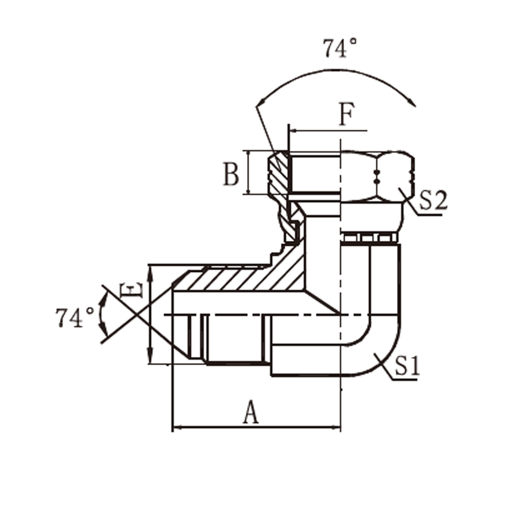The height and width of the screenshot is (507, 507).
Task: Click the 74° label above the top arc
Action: [340, 48]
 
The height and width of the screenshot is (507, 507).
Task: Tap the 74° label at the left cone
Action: [75, 317]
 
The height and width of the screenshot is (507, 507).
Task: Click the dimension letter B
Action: [231, 174]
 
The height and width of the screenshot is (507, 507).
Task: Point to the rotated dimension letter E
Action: [131, 290]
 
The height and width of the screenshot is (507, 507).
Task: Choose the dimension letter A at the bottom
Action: [251, 412]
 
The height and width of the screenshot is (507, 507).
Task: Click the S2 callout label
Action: [433, 200]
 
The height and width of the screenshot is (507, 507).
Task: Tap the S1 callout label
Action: [407, 366]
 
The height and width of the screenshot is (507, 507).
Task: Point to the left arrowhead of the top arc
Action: [261, 102]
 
